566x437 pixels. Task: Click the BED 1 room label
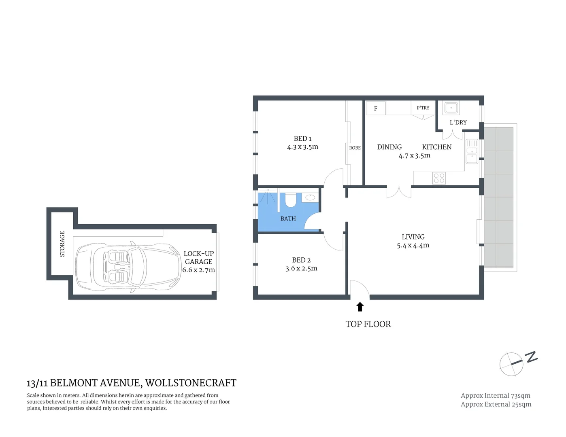tap(302, 139)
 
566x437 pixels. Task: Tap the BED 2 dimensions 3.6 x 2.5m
tap(301, 269)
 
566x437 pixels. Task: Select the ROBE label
tap(355, 148)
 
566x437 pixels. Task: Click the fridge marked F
tap(376, 108)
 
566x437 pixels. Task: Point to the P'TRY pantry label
tap(423, 108)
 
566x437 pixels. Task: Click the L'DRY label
tap(458, 122)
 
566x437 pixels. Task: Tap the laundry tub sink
tap(451, 108)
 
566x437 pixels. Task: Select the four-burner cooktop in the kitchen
tap(439, 178)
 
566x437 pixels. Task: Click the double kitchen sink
tap(472, 151)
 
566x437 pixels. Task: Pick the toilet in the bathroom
tap(291, 200)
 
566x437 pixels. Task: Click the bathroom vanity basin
tap(310, 197)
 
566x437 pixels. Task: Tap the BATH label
tap(288, 218)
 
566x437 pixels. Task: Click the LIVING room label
tap(413, 237)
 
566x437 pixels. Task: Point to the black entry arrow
tap(360, 307)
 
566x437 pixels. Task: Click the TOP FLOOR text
tap(368, 324)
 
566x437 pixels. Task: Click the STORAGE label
tap(62, 244)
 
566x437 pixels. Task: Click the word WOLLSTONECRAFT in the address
tap(191, 383)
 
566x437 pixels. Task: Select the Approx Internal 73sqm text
tap(495, 396)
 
